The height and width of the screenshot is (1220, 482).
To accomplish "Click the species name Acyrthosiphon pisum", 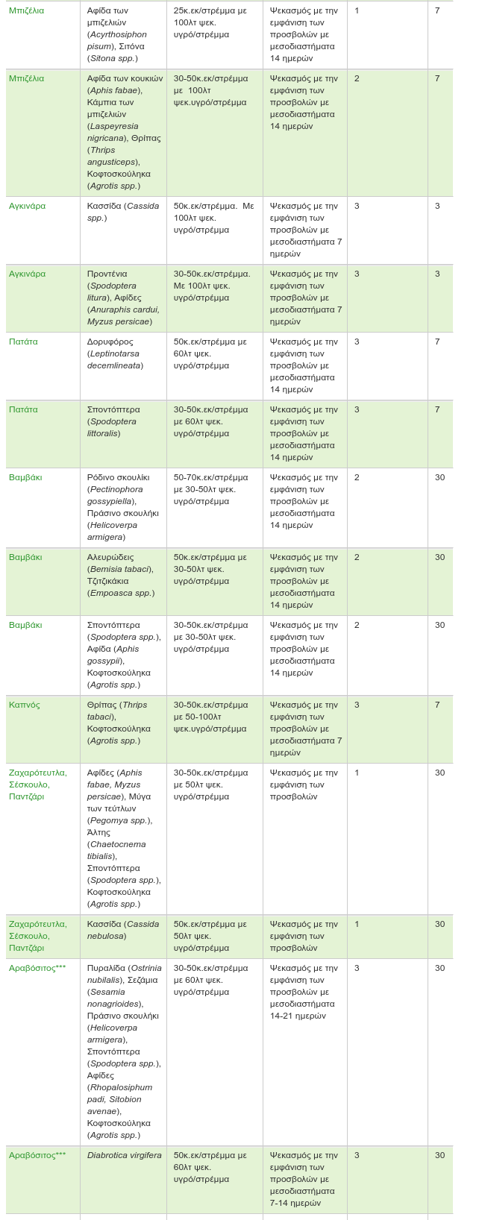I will coord(117,40).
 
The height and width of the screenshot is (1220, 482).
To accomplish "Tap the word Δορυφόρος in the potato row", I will coord(110,342).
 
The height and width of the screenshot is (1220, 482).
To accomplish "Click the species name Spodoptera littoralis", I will coord(112,427).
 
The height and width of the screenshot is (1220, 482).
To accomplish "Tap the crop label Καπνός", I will coord(25,705).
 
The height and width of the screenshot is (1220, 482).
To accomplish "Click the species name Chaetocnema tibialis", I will coord(116,850).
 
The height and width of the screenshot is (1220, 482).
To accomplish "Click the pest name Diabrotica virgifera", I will coord(124,1155).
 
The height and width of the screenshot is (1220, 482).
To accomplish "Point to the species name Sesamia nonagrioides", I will coord(115,998).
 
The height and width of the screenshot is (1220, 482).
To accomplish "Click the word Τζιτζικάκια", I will coord(107,581).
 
